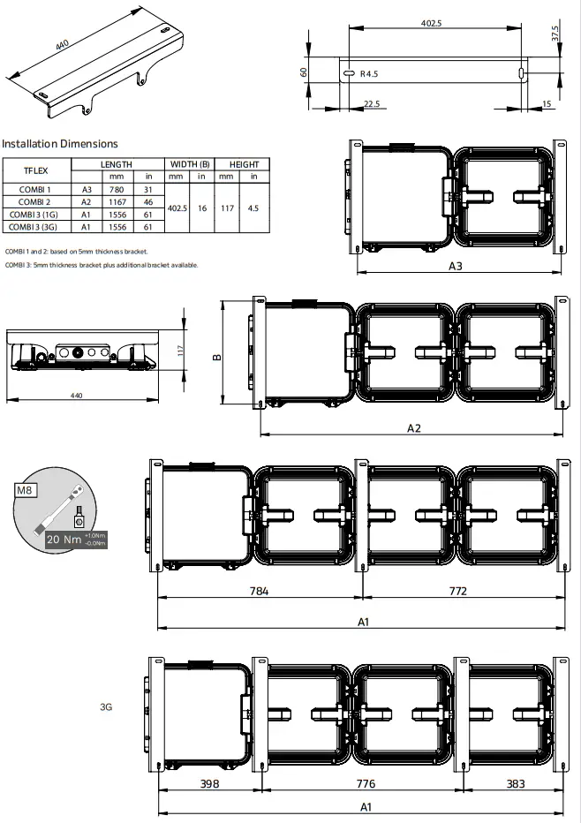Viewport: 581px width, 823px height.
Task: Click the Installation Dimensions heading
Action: point(59,143)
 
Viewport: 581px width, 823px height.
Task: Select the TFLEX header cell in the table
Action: point(34,170)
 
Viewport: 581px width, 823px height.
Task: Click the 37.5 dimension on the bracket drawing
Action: point(555,34)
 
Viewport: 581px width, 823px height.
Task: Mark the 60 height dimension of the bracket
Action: point(303,72)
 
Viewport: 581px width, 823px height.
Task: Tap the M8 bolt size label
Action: point(26,490)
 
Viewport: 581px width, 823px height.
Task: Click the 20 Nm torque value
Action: point(61,539)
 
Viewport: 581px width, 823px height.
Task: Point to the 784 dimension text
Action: point(258,591)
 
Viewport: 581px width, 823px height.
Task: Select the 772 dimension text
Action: point(457,591)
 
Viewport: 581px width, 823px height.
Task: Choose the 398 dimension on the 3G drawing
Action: point(208,783)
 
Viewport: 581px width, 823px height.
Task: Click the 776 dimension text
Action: point(365,783)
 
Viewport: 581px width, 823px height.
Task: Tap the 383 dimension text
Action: point(516,783)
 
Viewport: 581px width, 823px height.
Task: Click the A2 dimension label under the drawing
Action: point(413,427)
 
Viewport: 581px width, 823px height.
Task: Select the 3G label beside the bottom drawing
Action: point(105,706)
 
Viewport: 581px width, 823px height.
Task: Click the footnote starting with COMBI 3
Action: point(102,264)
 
